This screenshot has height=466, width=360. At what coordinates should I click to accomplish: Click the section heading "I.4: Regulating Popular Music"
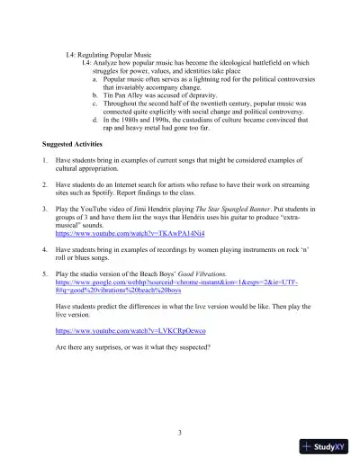click(112, 54)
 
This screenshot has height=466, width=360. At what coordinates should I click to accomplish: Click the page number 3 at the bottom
click(180, 434)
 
